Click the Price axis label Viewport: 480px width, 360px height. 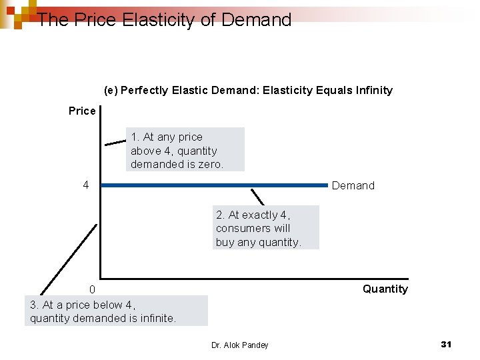click(x=82, y=111)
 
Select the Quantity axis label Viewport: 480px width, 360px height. click(x=385, y=289)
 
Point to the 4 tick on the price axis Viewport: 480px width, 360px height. click(x=85, y=185)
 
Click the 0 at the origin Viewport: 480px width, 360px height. click(x=93, y=289)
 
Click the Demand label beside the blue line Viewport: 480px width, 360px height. click(x=353, y=186)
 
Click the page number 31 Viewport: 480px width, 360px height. click(x=446, y=344)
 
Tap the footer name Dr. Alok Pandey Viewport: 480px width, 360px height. click(x=239, y=345)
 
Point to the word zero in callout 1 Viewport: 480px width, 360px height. click(x=211, y=164)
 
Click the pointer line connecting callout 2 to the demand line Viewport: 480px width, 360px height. click(x=257, y=197)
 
